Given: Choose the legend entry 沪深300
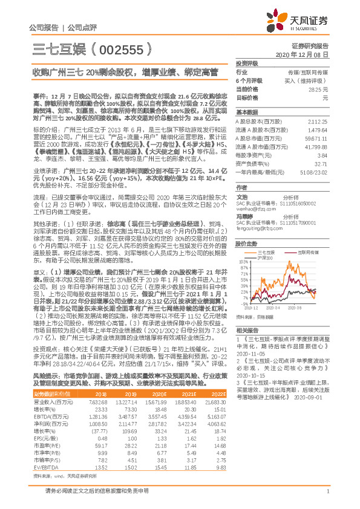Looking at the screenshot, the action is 266,258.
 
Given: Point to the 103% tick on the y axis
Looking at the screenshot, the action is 244,261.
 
